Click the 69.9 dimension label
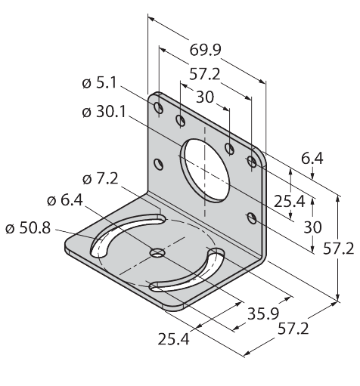click(205, 50)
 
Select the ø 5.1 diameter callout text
click(99, 83)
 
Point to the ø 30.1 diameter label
click(104, 112)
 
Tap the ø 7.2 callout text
click(101, 179)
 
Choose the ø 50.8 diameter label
click(28, 228)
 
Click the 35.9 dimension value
click(263, 314)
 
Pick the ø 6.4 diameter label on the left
click(65, 200)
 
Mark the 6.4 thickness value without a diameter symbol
click(312, 159)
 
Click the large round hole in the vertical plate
click(205, 171)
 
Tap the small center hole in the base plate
click(157, 252)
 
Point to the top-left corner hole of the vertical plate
click(159, 108)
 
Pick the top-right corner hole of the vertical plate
click(252, 162)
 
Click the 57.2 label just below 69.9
click(205, 75)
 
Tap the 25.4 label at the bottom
click(173, 339)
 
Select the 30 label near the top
click(205, 97)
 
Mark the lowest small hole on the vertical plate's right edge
click(252, 218)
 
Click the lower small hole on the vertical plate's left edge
click(158, 165)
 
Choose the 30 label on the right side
click(312, 227)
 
